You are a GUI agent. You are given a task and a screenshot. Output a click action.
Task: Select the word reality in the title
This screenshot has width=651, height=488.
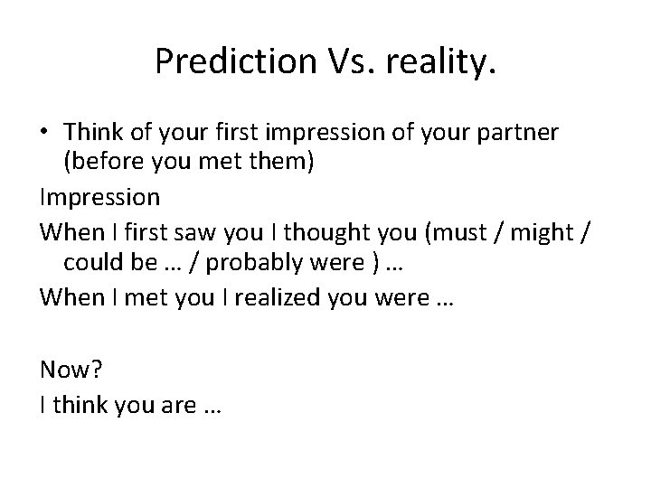point(434,61)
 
